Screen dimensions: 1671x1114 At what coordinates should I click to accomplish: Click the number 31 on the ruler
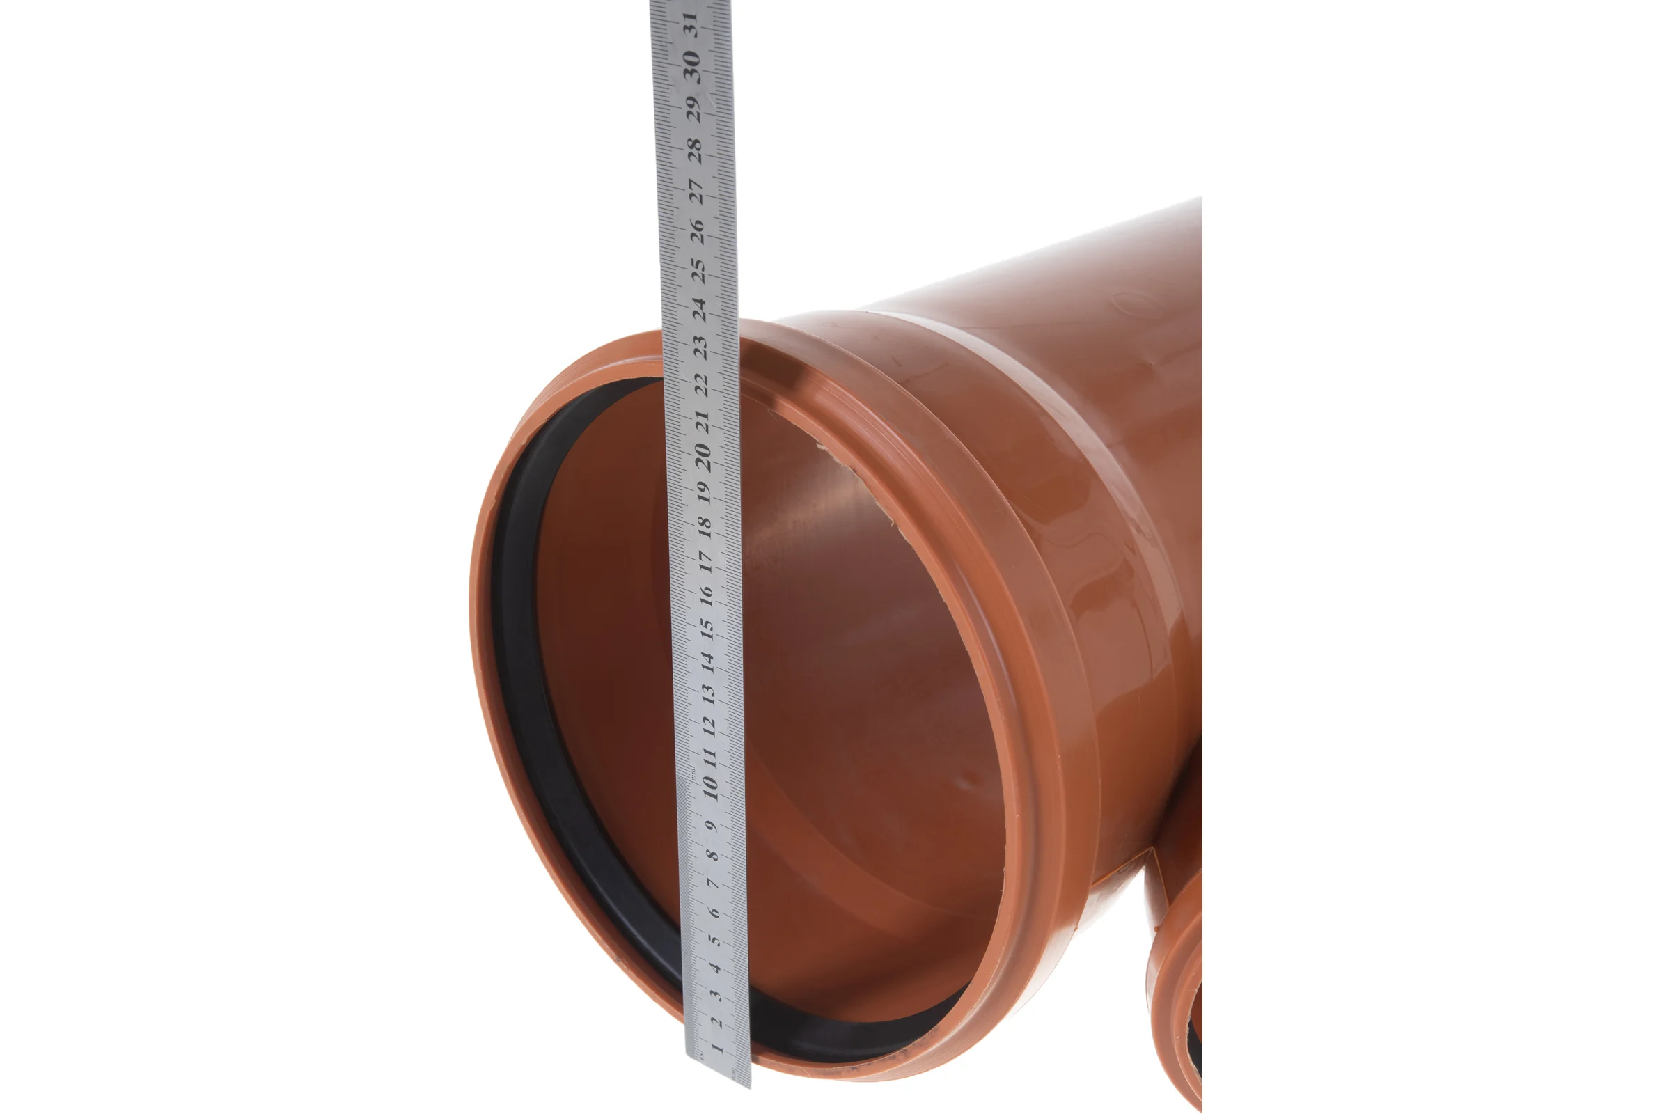pos(689,24)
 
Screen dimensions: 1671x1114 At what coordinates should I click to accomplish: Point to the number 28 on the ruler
pos(694,150)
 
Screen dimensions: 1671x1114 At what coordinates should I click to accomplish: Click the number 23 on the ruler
pos(700,347)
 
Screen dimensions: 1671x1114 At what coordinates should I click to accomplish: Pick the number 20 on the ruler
pos(703,457)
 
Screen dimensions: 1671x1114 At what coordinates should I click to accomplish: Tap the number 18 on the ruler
pos(704,526)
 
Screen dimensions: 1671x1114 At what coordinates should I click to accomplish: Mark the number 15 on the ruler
pos(706,628)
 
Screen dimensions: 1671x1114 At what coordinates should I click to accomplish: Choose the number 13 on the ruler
pos(707,693)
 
